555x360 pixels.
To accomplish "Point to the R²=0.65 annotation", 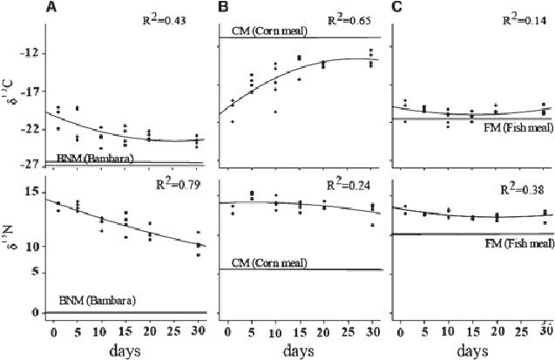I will click(x=346, y=20).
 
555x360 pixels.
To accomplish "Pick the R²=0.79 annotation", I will click(x=175, y=184).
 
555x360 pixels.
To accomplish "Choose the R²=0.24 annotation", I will click(x=347, y=184).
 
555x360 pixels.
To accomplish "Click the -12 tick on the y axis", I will click(x=29, y=53).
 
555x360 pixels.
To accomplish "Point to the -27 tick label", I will click(x=28, y=163).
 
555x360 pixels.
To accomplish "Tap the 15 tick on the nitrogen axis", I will click(x=30, y=192).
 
